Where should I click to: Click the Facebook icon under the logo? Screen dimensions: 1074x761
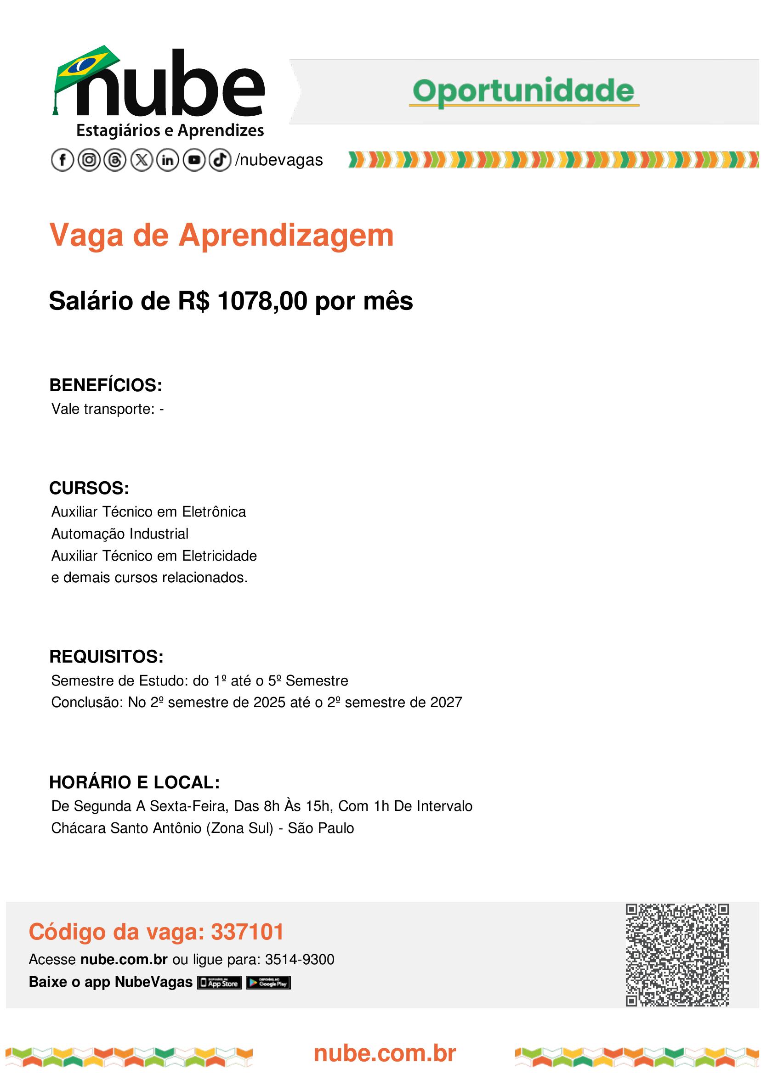[x=62, y=160]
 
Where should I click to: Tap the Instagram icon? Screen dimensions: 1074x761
[x=89, y=160]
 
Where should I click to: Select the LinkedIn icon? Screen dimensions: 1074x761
[x=167, y=160]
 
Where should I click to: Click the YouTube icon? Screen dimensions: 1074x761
[x=194, y=160]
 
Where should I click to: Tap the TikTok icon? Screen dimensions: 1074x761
[x=220, y=160]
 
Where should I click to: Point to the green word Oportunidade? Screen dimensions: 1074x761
[x=523, y=91]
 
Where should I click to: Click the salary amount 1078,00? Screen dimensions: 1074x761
[x=262, y=301]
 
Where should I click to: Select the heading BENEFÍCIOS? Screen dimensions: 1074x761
[x=105, y=385]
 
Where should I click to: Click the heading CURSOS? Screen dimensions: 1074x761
[x=89, y=488]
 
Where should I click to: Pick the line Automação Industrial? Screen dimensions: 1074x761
[x=120, y=534]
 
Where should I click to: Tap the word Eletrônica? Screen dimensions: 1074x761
[x=214, y=512]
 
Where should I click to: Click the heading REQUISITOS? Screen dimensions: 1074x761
[x=106, y=657]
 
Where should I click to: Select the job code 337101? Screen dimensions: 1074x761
[x=247, y=932]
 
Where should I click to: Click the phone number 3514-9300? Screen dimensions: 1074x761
[x=300, y=959]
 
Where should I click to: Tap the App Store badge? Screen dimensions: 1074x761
[x=219, y=983]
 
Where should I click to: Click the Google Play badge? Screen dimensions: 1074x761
[x=268, y=983]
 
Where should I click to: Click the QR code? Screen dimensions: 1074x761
[x=676, y=955]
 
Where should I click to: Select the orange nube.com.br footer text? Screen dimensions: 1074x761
[x=384, y=1053]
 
